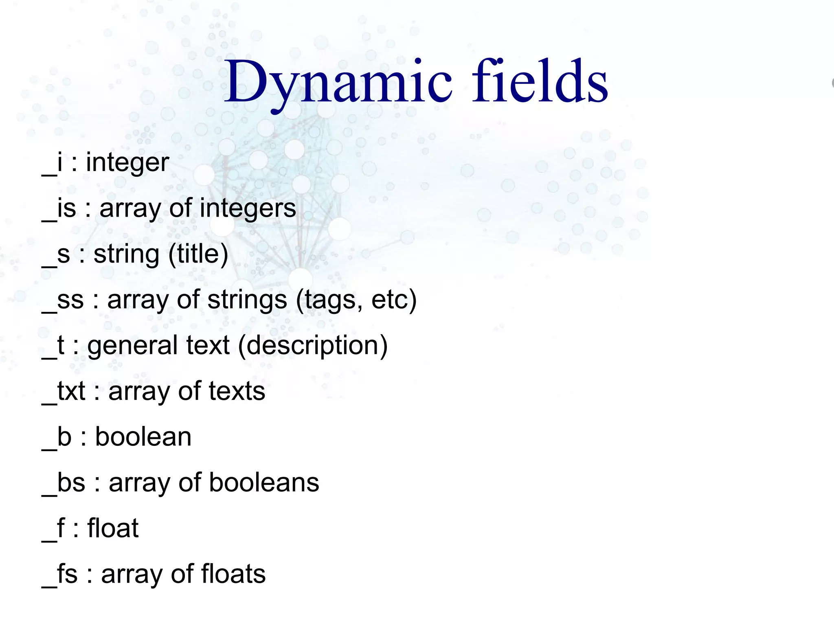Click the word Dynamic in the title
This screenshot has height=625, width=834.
(338, 81)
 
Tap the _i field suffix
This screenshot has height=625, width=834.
(53, 163)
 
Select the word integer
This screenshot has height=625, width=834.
(127, 163)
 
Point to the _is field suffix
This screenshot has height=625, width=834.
(59, 208)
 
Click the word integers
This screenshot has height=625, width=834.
(248, 208)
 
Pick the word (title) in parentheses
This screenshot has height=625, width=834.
(198, 254)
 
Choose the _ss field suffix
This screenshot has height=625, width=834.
(63, 300)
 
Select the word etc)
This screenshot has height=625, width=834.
(394, 300)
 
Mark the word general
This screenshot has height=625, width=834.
(133, 346)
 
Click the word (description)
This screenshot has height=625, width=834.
(313, 346)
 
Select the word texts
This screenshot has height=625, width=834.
(237, 391)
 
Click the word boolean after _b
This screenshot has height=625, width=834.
(143, 437)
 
